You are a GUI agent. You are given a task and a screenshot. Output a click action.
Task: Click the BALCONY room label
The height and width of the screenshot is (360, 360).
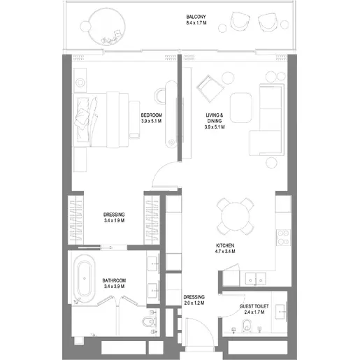pos(196,17)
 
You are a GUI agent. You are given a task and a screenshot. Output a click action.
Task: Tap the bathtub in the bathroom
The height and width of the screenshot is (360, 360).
pos(84,279)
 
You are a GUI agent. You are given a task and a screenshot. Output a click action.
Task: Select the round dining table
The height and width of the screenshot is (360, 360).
pos(235,216)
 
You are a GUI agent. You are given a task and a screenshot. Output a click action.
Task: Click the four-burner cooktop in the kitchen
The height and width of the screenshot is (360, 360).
pos(283,237)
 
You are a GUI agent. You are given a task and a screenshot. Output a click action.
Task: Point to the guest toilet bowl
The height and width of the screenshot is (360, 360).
pos(246,325)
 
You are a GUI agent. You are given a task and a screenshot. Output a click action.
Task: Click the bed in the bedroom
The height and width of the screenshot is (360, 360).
pos(101,120)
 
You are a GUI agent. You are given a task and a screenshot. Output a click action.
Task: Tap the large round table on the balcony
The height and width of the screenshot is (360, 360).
pos(107,26)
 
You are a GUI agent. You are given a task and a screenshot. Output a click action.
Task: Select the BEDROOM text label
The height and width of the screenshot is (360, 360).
pos(151,115)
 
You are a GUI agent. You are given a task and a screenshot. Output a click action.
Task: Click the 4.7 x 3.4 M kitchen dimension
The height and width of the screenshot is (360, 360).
pos(225,251)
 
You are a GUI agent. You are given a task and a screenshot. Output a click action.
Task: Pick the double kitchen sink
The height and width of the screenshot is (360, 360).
pos(256,279)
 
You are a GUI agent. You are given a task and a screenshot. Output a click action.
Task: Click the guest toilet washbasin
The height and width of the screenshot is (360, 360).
pos(280,312)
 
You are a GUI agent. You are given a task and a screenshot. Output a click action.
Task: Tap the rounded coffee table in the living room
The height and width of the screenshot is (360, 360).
pos(241,108)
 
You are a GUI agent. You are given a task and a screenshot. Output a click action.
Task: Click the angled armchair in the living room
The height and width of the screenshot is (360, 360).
pos(210,88)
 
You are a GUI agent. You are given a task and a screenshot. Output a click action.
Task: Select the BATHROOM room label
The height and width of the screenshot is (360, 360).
pos(114,280)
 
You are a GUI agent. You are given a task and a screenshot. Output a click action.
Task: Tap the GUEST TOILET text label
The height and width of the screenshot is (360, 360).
pos(254,306)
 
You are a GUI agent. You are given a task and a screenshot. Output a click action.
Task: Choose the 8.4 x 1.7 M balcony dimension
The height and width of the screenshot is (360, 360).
pos(196,23)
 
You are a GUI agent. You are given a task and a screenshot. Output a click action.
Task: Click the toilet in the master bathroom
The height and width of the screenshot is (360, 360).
pos(149,322)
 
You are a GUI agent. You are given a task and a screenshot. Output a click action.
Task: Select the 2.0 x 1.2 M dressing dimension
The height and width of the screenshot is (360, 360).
pos(194,303)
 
